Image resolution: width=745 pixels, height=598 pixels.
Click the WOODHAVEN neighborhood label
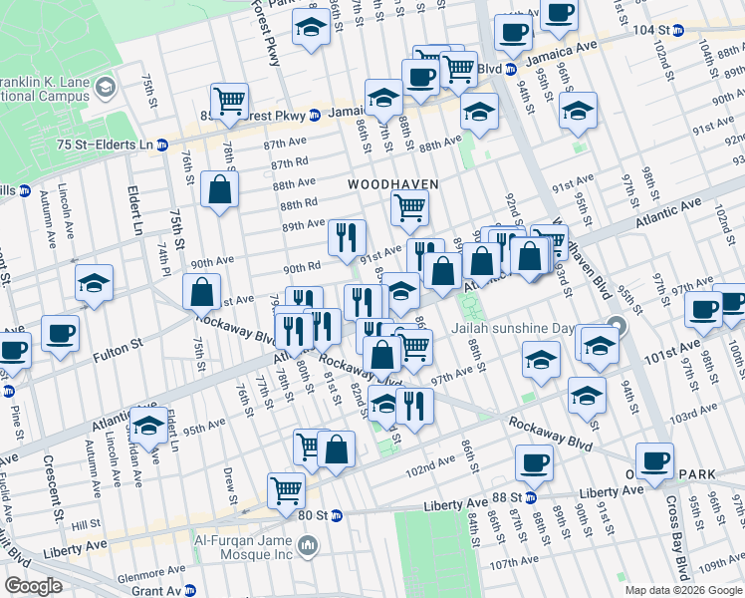pos(386,185)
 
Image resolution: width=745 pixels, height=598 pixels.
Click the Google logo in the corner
pos(33,586)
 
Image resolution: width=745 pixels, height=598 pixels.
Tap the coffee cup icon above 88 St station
pos(534,461)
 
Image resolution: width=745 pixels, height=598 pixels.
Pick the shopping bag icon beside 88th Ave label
pos(219,188)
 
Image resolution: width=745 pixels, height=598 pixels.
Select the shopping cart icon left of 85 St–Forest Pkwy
pos(229,100)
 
